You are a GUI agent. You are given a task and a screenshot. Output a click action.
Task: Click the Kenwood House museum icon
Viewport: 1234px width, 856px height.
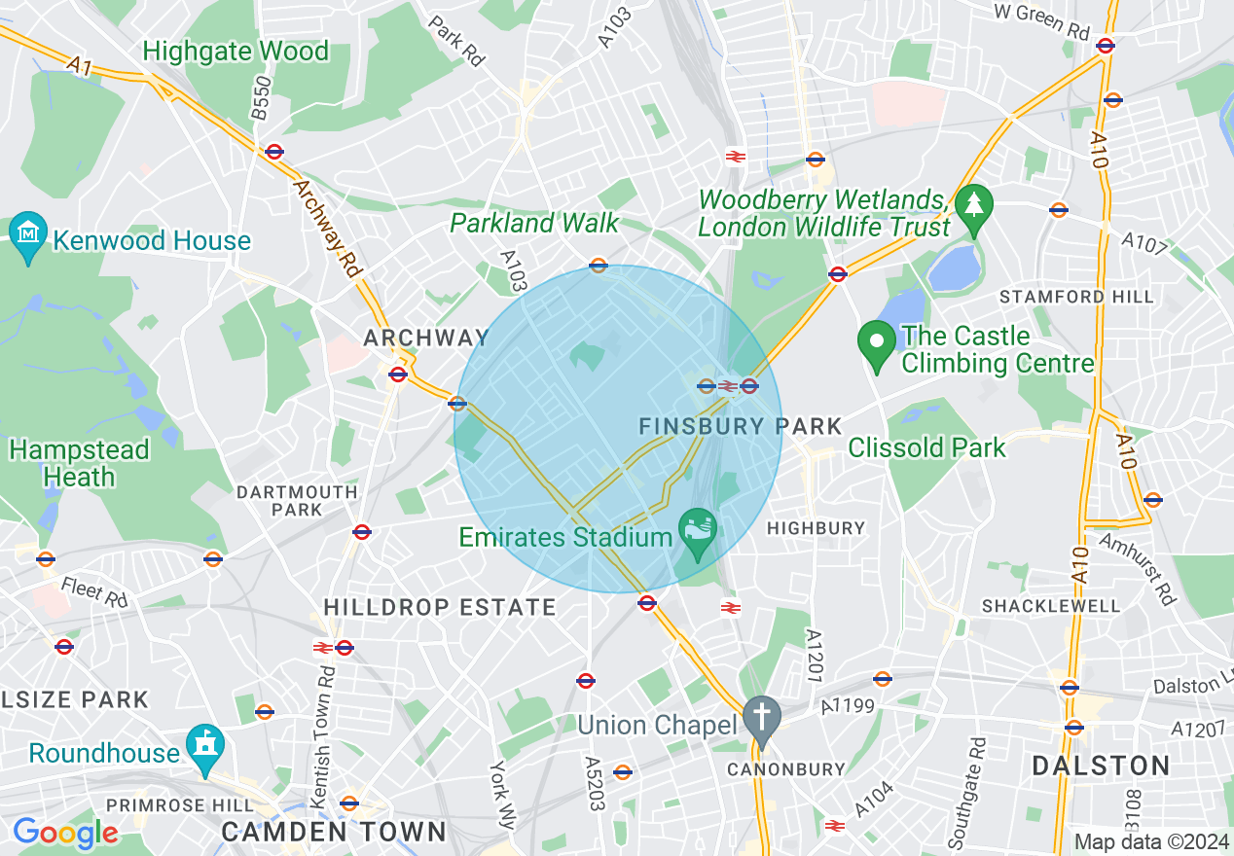pyautogui.click(x=28, y=234)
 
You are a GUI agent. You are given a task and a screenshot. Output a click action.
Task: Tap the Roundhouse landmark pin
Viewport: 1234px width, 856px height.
pyautogui.click(x=205, y=746)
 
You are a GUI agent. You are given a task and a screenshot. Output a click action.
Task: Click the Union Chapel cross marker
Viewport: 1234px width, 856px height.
pyautogui.click(x=762, y=719)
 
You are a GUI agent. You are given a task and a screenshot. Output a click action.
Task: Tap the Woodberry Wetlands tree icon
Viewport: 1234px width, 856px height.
pyautogui.click(x=972, y=205)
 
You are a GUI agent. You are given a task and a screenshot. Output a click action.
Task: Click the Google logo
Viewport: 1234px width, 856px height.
pyautogui.click(x=65, y=833)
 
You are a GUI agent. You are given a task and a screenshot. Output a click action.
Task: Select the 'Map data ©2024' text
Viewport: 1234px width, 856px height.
pyautogui.click(x=1151, y=841)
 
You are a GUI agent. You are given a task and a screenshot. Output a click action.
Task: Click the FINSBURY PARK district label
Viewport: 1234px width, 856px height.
pyautogui.click(x=740, y=426)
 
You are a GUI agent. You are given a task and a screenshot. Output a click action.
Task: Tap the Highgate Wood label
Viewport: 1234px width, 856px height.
pyautogui.click(x=236, y=52)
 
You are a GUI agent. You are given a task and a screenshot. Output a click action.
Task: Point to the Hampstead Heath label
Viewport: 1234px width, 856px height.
pyautogui.click(x=80, y=463)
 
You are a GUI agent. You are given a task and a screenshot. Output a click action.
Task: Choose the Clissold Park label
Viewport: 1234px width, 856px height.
pyautogui.click(x=926, y=447)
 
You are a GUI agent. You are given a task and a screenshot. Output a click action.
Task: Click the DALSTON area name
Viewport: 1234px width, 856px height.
pyautogui.click(x=1101, y=766)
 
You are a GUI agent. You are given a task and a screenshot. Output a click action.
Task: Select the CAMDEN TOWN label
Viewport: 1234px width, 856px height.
pyautogui.click(x=334, y=832)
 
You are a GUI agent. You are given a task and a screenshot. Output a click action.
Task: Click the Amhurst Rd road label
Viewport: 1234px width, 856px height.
pyautogui.click(x=1136, y=568)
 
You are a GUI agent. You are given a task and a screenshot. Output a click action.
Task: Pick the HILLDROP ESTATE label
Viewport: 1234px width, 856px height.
pyautogui.click(x=440, y=608)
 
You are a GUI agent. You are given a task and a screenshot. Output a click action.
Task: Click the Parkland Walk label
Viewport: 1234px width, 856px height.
pyautogui.click(x=534, y=223)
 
